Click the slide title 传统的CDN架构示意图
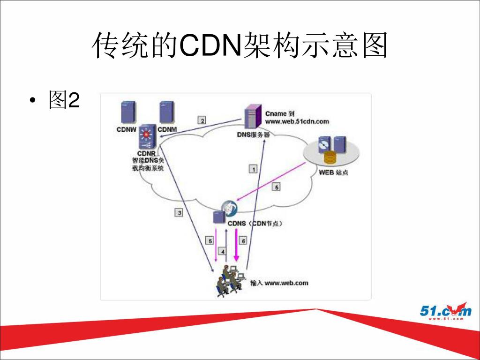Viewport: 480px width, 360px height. [240, 45]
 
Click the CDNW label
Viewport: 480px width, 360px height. [127, 129]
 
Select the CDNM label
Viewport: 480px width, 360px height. [167, 129]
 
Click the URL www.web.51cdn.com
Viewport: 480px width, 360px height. [297, 121]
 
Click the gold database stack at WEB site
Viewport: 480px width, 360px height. [330, 157]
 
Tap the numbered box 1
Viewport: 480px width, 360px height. [253, 169]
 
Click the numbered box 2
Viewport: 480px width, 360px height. [202, 120]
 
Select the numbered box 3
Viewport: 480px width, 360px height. [179, 213]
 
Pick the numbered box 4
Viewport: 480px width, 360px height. [223, 251]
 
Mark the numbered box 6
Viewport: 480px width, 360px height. [243, 241]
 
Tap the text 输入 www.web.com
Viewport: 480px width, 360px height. [279, 283]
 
